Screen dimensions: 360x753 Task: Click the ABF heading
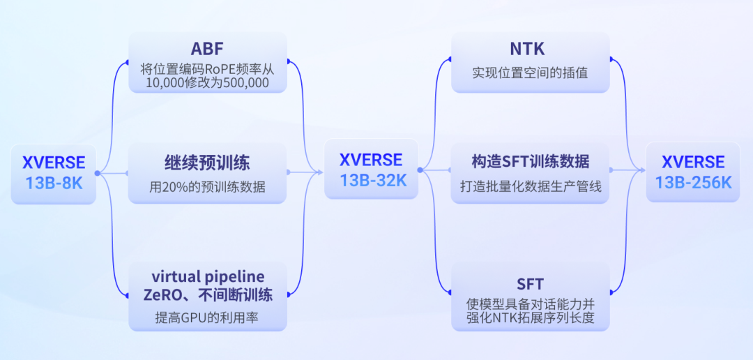pos(207,49)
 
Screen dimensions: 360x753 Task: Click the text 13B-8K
pos(54,183)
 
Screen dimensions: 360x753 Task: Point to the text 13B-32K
pos(371,179)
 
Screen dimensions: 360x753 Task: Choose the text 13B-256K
pos(693,183)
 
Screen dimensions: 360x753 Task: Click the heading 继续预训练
pos(207,163)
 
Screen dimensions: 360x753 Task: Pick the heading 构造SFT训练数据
pos(530,163)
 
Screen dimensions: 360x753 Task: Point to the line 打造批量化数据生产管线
pos(530,186)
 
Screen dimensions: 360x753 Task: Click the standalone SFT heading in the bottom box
pos(530,284)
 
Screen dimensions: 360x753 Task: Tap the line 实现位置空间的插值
pos(530,72)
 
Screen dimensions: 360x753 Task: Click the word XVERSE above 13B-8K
pos(54,163)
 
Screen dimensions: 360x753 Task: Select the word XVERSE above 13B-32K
pos(371,160)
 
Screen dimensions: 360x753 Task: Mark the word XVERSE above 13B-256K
pos(693,163)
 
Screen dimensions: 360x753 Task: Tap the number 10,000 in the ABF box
pos(166,83)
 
